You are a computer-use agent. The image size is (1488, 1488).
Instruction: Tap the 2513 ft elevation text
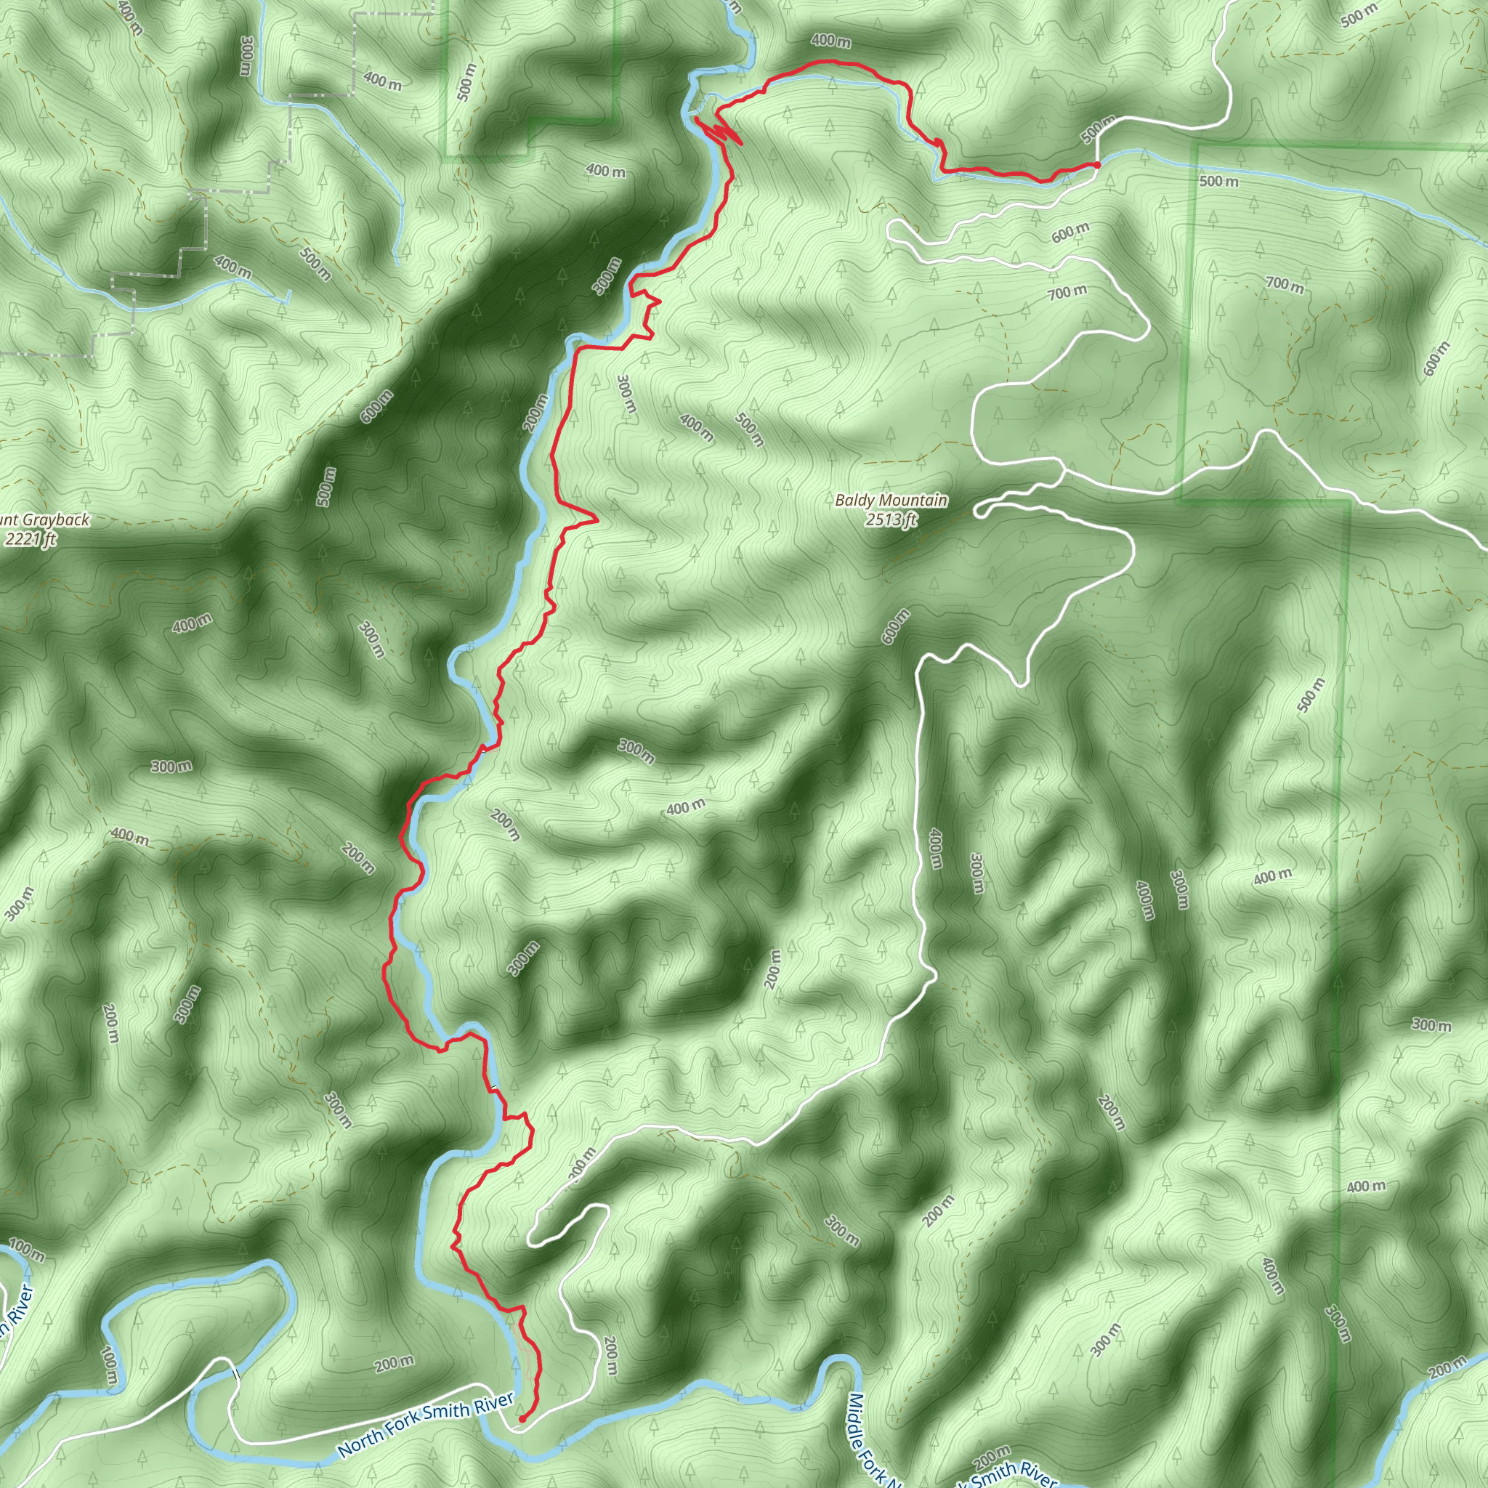[x=891, y=520]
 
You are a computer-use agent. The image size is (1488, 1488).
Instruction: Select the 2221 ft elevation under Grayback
[x=30, y=539]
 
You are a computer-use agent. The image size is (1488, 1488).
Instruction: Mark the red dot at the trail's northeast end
[x=1096, y=165]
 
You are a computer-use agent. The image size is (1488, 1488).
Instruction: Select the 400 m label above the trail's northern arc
[x=830, y=40]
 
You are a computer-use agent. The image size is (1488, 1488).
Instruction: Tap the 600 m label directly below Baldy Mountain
[x=897, y=626]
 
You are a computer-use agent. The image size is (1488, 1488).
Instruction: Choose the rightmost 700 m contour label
[x=1285, y=284]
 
